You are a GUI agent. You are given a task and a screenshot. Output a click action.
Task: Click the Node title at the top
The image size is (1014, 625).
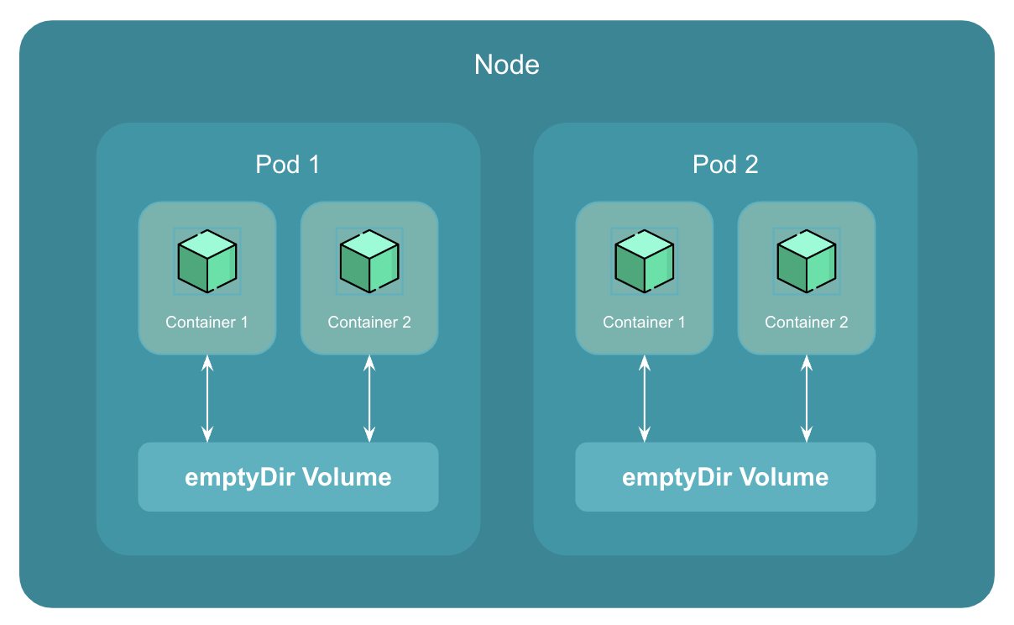[507, 65]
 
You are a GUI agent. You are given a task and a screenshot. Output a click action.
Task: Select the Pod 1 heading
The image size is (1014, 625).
[288, 165]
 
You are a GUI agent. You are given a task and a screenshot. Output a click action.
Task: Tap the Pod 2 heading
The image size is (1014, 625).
[725, 165]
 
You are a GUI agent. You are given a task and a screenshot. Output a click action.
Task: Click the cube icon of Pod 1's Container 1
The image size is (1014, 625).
[207, 260]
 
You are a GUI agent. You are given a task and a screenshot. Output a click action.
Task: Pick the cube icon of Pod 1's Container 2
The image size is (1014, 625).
[369, 260]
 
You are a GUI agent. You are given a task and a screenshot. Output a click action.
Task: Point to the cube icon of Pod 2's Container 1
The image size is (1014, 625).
[645, 260]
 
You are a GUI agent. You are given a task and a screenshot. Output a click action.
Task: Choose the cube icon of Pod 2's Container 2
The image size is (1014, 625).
[807, 260]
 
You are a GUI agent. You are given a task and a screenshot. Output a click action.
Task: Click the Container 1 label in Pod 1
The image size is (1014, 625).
[207, 323]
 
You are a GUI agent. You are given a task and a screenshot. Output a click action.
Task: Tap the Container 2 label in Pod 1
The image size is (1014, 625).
[369, 323]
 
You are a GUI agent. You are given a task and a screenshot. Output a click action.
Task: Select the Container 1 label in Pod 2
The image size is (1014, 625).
[645, 323]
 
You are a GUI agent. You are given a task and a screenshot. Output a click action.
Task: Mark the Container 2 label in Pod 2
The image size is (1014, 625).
[807, 323]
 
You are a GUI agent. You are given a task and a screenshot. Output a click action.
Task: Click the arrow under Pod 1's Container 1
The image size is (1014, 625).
[207, 398]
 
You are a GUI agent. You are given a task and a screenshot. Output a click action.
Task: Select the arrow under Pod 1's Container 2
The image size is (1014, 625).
[369, 398]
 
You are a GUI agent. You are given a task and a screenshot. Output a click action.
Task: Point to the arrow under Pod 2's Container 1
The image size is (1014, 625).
[645, 398]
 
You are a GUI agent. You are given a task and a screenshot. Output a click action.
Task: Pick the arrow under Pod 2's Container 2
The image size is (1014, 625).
[807, 398]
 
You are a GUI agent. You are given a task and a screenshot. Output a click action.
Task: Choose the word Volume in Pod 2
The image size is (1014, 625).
[785, 477]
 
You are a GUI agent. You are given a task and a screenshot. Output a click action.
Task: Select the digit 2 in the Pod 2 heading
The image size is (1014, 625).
[751, 165]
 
